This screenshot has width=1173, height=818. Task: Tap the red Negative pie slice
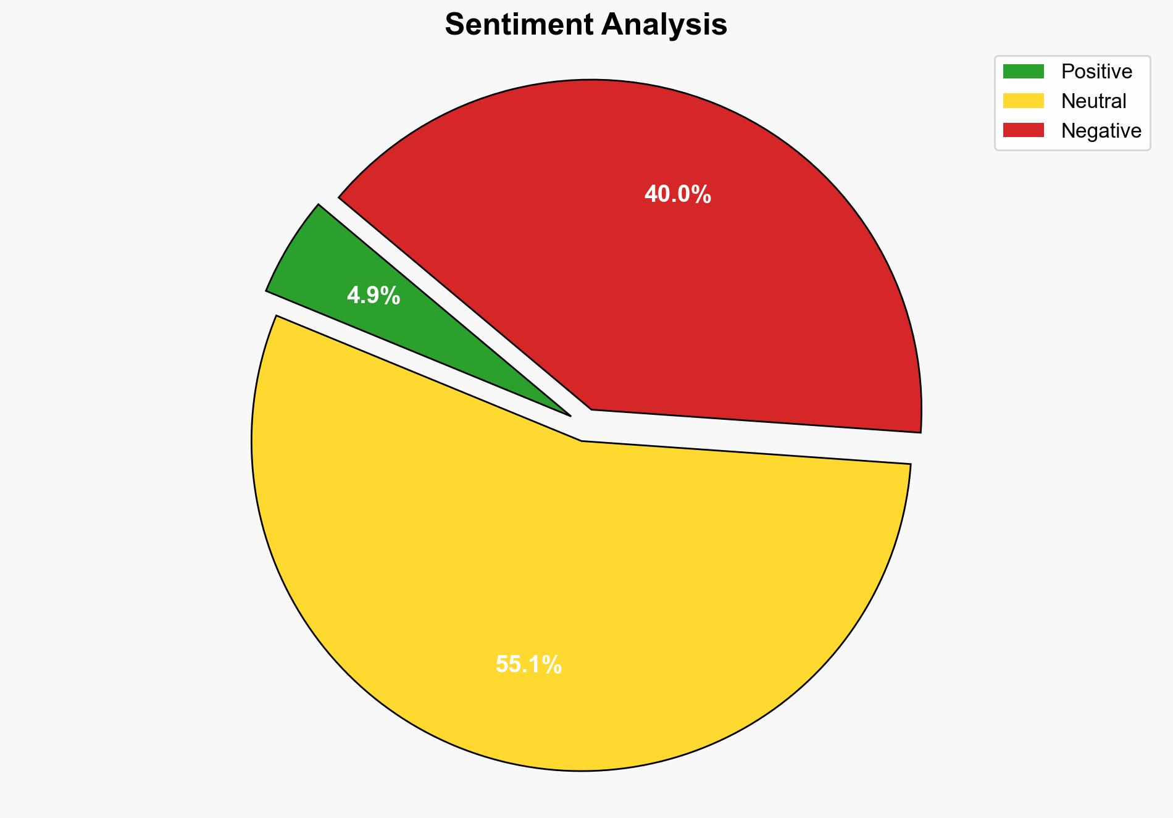[x=710, y=278]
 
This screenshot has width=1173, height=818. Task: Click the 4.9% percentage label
[x=374, y=296]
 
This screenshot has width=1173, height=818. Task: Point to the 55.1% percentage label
[x=528, y=664]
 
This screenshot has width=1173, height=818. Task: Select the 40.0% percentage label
[x=677, y=194]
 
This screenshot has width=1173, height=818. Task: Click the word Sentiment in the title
[x=520, y=25]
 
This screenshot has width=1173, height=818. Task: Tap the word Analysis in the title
[x=665, y=25]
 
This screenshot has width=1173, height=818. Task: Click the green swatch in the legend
[x=1023, y=72]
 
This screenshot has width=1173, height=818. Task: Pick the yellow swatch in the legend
[x=1023, y=101]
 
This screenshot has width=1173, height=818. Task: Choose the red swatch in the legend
[x=1023, y=130]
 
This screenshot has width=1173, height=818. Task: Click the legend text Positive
[x=1096, y=72]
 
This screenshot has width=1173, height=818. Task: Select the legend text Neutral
[x=1093, y=101]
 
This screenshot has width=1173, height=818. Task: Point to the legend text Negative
[x=1101, y=130]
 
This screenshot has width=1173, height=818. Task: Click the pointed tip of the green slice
[x=569, y=415]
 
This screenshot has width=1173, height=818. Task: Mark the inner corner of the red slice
[x=592, y=409]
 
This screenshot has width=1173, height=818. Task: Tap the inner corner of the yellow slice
[x=582, y=441]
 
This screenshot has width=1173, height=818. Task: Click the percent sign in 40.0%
[x=703, y=194]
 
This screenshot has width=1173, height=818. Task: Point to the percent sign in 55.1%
[x=553, y=664]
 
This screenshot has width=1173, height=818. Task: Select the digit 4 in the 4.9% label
[x=353, y=296]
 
